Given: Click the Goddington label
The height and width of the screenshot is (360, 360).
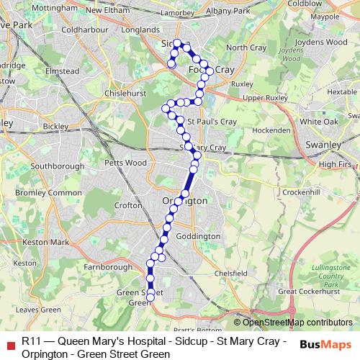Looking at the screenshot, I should tap(197, 236).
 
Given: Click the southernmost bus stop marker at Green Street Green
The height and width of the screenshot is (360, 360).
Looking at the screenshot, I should tap(151, 294).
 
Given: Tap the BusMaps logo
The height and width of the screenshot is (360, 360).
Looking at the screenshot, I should tap(325, 345).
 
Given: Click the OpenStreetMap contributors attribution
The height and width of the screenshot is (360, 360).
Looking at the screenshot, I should tap(293, 323).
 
